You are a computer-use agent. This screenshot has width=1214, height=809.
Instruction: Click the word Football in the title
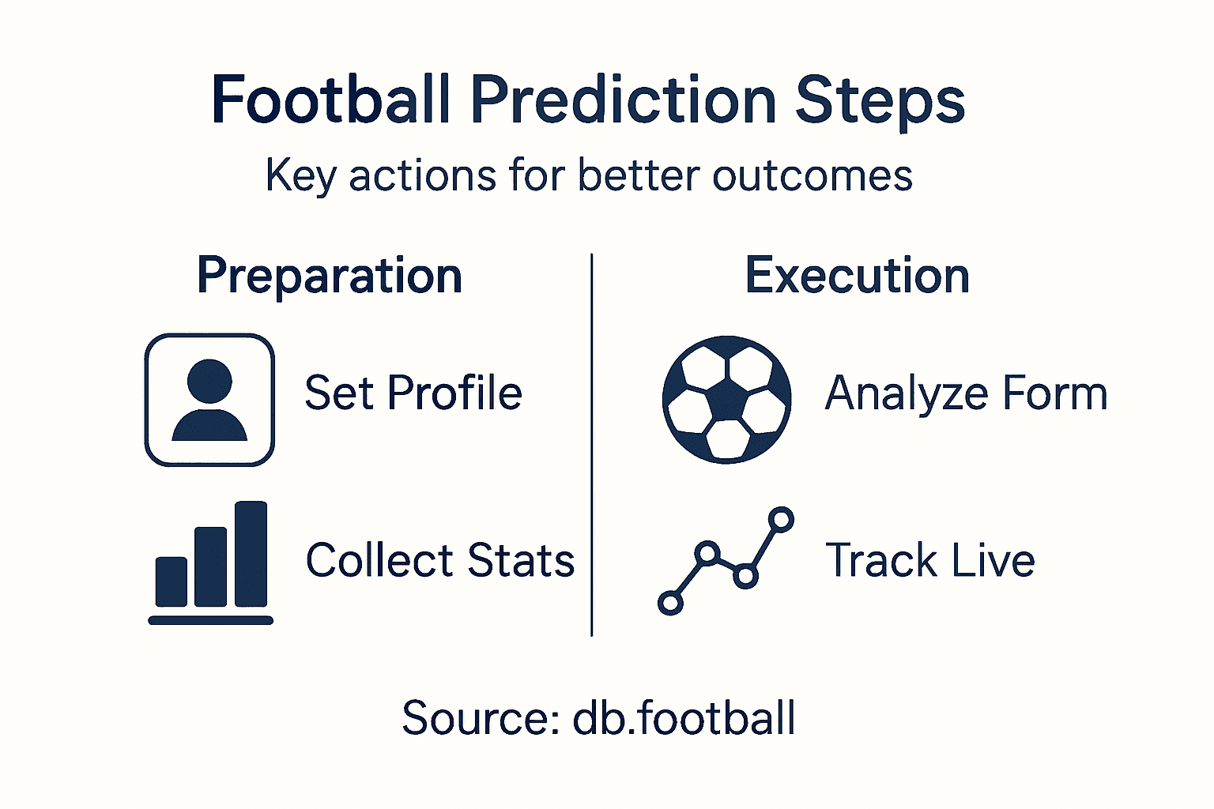[x=330, y=100]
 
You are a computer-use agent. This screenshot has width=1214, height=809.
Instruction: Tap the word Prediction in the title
[x=624, y=100]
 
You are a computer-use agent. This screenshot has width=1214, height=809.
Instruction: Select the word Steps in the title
[x=880, y=100]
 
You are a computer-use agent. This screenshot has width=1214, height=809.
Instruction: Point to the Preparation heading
[x=330, y=276]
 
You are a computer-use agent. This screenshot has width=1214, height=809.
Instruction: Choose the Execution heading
[x=857, y=276]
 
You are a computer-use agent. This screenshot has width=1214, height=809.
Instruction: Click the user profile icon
[x=209, y=400]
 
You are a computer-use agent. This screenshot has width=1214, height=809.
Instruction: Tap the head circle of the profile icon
[x=209, y=382]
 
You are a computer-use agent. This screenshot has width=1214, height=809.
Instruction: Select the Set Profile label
[x=413, y=393]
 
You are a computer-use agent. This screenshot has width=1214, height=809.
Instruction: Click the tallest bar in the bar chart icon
[x=251, y=553]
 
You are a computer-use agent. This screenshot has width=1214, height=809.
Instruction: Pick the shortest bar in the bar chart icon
[x=172, y=581]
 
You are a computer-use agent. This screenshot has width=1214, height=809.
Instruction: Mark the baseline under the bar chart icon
[x=210, y=620]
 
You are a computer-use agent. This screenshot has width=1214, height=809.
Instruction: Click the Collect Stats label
[x=439, y=561]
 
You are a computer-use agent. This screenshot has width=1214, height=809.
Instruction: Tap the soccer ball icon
[x=726, y=400]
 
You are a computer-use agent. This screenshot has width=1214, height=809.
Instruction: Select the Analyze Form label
[x=965, y=393]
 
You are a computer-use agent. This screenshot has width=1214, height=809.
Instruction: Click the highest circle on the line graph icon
[x=781, y=519]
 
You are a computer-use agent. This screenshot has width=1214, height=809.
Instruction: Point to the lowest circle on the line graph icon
[x=670, y=604]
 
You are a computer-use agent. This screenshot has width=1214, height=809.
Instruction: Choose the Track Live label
[x=929, y=561]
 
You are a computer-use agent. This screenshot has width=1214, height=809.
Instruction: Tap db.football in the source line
[x=684, y=718]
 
